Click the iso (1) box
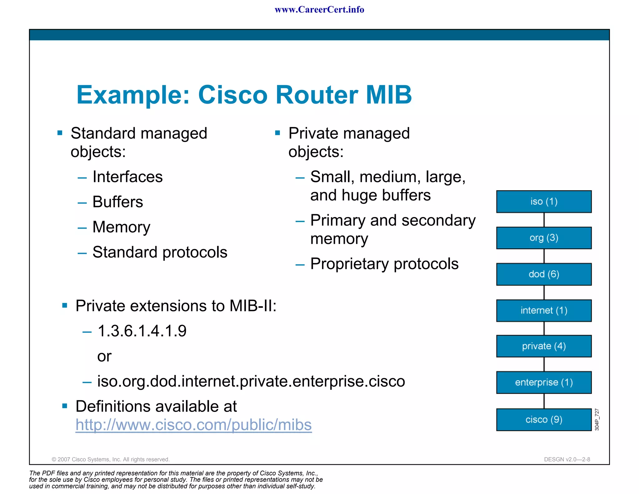544,201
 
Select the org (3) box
544,238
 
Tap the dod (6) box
544,274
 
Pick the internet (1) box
544,310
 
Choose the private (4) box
544,346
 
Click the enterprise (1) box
544,382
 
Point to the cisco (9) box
544,419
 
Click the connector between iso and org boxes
544,220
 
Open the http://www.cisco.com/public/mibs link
193,425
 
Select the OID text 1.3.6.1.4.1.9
142,331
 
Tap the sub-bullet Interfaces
128,177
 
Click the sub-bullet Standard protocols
160,252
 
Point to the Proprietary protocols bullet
384,264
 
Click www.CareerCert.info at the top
319,10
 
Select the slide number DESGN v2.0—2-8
567,459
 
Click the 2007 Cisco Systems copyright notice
110,459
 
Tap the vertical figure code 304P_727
597,419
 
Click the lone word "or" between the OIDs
104,356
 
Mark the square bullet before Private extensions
65,305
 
